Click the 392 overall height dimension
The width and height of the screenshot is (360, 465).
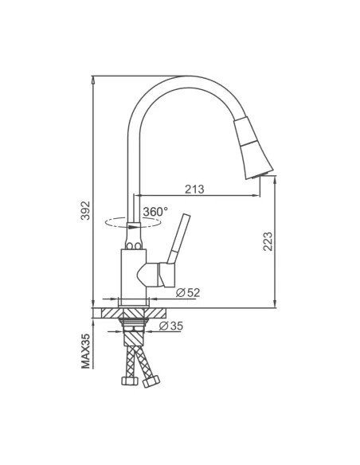point(87,210)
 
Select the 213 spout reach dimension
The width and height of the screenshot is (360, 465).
point(194,189)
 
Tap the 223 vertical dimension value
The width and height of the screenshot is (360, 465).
point(268,240)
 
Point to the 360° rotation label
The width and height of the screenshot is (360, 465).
point(155,212)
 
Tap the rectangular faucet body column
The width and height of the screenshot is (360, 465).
point(132,274)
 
